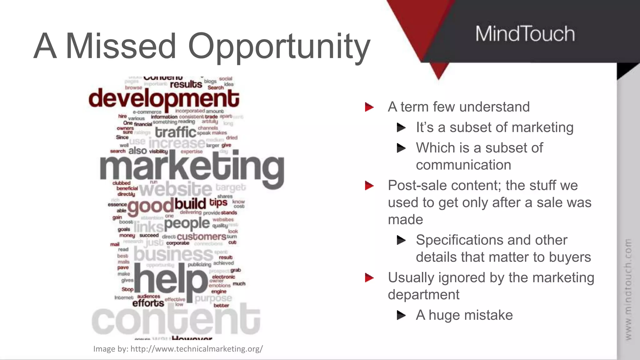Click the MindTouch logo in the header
525,34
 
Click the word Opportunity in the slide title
279,47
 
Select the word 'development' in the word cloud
164,98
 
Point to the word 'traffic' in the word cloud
176,132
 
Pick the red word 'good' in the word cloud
150,206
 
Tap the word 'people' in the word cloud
187,223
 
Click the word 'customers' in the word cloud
202,237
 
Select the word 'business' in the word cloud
173,254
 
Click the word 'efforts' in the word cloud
148,303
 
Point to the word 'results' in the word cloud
186,84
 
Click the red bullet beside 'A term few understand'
369,107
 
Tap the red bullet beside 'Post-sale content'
369,186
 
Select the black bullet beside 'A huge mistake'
401,315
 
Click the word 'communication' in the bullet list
463,165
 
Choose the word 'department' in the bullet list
423,295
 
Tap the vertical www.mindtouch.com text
628,289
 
